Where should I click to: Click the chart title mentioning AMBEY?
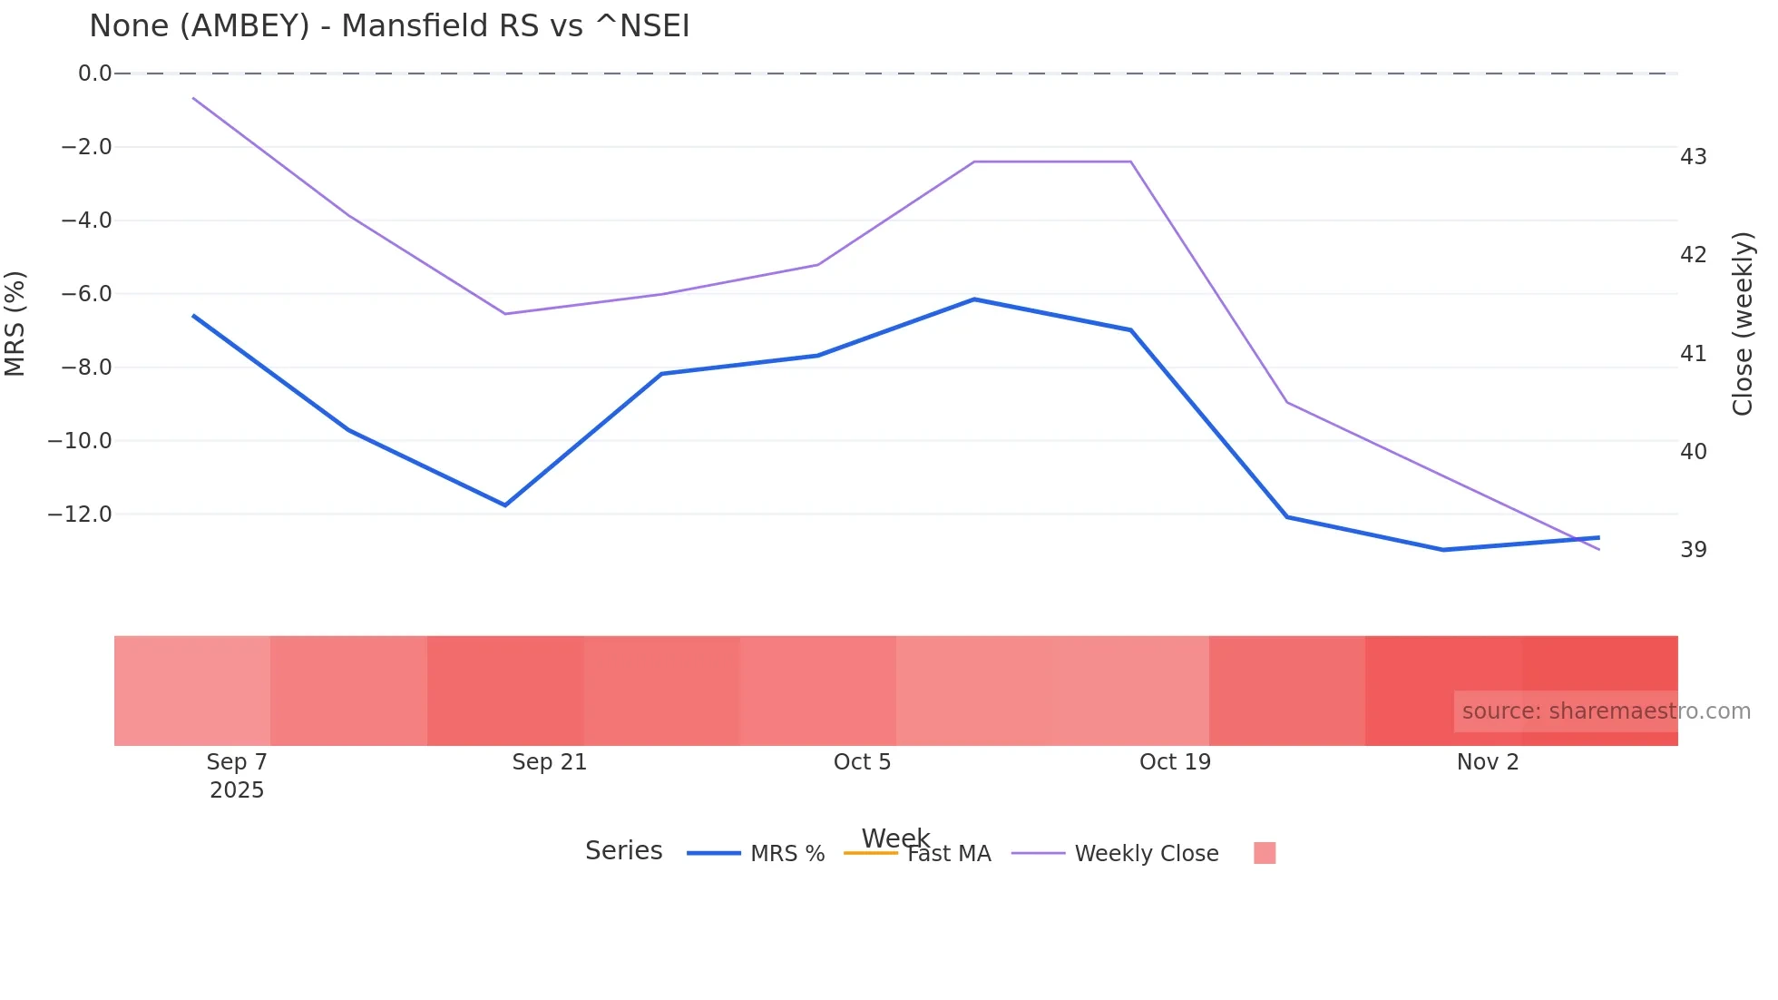pos(389,26)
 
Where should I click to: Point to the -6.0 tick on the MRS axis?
pos(86,294)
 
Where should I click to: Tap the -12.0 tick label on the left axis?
pos(80,515)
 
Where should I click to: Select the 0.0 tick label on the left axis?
pos(94,74)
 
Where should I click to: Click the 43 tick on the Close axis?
pos(1693,157)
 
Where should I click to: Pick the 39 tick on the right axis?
pos(1693,550)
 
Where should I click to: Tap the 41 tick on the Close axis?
pos(1693,354)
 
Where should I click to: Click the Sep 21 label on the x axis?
pos(549,762)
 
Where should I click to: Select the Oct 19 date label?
pos(1175,762)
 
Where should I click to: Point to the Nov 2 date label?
pos(1488,762)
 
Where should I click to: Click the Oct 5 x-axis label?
pos(862,762)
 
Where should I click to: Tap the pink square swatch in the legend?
pos(1265,853)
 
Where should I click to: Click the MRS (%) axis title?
pos(15,323)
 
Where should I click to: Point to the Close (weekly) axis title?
pos(1743,324)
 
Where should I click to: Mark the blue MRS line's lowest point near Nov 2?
pos(1443,550)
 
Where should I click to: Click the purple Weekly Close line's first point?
pos(193,98)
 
